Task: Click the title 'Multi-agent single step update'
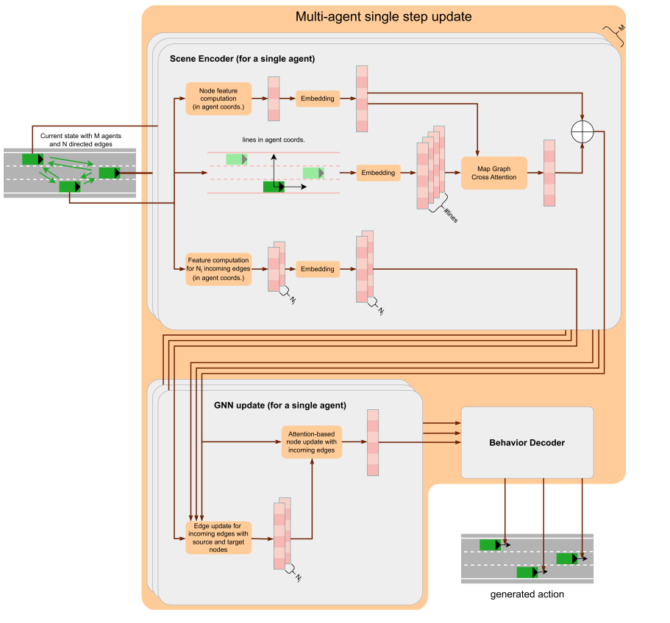(383, 16)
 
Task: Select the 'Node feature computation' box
(218, 98)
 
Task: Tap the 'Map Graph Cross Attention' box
(494, 173)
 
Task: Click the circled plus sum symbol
(582, 131)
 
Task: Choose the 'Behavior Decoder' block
(527, 442)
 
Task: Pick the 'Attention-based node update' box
(311, 442)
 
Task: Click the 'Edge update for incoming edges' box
(218, 538)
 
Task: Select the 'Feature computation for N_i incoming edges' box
(218, 269)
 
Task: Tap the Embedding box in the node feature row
(318, 98)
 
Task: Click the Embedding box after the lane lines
(379, 173)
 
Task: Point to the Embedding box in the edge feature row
(318, 269)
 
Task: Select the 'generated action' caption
(527, 594)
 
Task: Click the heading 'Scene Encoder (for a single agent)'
(242, 58)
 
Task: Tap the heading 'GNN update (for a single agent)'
(279, 405)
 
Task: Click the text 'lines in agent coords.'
(273, 140)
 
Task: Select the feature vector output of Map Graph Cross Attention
(549, 173)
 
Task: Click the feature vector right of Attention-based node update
(373, 442)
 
